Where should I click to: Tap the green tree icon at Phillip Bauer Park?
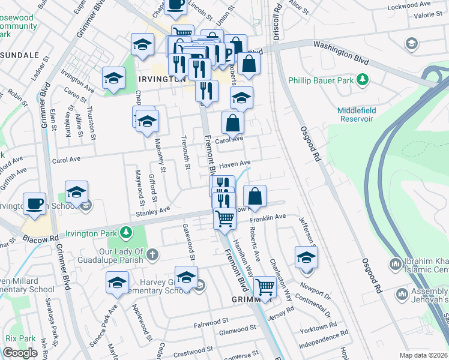(x=363, y=79)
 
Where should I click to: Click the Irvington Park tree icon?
(x=125, y=232)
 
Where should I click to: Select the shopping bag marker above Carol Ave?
(x=233, y=123)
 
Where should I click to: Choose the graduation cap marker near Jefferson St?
(x=306, y=257)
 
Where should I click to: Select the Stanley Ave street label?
(x=153, y=211)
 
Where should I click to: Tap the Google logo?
(x=20, y=353)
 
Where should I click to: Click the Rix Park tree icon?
(x=10, y=338)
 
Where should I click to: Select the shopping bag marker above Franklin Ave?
(x=255, y=196)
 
